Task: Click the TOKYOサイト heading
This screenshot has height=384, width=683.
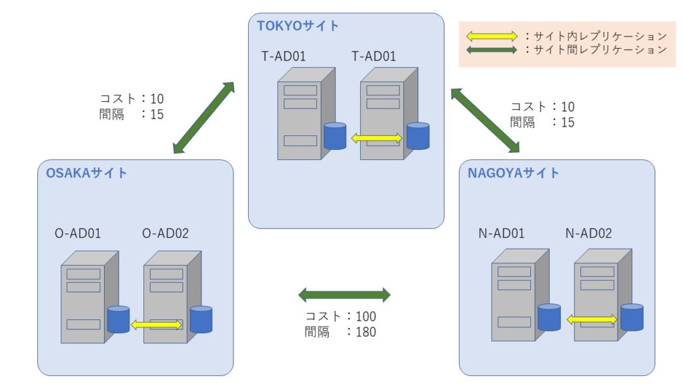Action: click(298, 26)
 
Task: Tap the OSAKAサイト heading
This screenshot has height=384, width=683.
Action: click(86, 173)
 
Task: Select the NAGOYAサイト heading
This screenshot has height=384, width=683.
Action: click(514, 173)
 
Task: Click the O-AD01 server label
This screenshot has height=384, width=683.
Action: click(77, 233)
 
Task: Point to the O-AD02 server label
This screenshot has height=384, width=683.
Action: click(166, 233)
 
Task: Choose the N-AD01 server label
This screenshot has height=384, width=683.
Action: click(501, 233)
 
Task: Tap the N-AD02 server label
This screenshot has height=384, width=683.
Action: click(588, 233)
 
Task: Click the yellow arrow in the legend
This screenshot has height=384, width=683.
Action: click(492, 36)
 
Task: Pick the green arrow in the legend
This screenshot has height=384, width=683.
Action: click(492, 49)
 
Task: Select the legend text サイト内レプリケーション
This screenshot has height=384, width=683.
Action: click(597, 36)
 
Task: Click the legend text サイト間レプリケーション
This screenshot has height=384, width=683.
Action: click(597, 49)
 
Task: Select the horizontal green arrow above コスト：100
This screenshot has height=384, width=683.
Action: click(344, 294)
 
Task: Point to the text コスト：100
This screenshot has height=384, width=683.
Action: click(340, 316)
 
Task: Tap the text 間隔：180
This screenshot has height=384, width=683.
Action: click(340, 331)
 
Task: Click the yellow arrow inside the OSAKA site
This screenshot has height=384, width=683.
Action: click(156, 325)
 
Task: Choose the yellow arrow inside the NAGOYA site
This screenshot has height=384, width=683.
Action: click(592, 320)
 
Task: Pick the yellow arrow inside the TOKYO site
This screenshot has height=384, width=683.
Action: click(377, 138)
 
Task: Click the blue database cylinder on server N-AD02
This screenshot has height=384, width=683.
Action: click(632, 317)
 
